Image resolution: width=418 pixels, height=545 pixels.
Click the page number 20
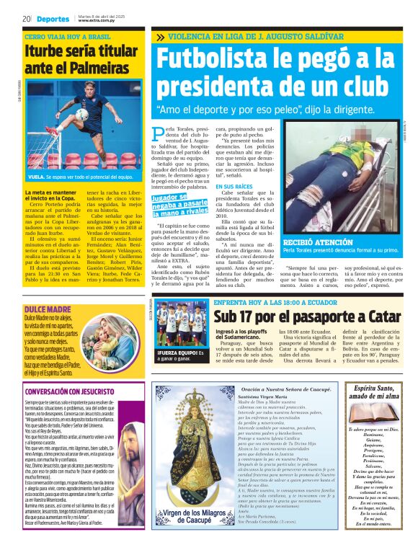[x=26, y=19]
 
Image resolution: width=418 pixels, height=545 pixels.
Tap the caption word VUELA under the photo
[x=37, y=176]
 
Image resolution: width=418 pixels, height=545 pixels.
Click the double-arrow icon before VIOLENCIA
[x=159, y=36]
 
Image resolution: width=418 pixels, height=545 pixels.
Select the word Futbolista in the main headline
[x=217, y=60]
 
